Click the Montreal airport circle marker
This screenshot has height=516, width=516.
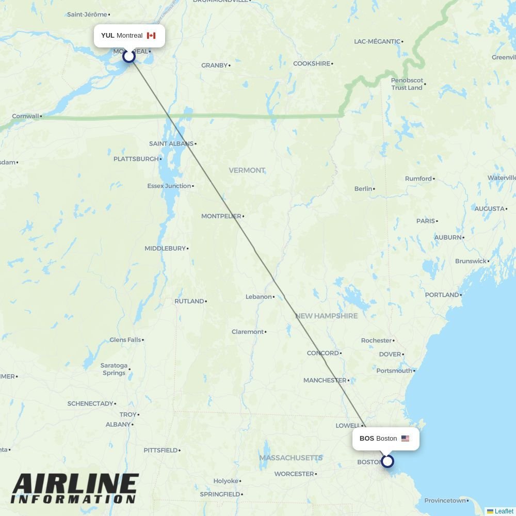pyautogui.click(x=129, y=56)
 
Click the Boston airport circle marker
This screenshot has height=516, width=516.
pyautogui.click(x=387, y=461)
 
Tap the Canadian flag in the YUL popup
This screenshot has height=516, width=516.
pyautogui.click(x=151, y=36)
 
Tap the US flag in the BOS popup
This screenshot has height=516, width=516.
pyautogui.click(x=405, y=439)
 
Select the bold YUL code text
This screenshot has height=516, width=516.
pyautogui.click(x=107, y=36)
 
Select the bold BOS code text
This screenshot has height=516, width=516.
pyautogui.click(x=366, y=439)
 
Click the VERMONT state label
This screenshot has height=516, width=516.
pyautogui.click(x=247, y=170)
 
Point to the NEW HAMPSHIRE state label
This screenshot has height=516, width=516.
pyautogui.click(x=326, y=316)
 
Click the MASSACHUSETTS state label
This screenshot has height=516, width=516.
pyautogui.click(x=291, y=458)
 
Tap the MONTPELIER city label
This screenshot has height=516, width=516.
pyautogui.click(x=221, y=216)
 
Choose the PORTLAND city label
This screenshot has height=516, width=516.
pyautogui.click(x=442, y=295)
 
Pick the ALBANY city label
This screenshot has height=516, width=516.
pyautogui.click(x=118, y=424)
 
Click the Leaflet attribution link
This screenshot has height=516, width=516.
pyautogui.click(x=503, y=511)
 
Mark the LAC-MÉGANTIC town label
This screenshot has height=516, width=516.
pyautogui.click(x=377, y=41)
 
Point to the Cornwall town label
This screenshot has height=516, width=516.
pyautogui.click(x=25, y=116)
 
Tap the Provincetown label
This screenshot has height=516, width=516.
pyautogui.click(x=445, y=501)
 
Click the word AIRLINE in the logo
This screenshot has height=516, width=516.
pyautogui.click(x=75, y=485)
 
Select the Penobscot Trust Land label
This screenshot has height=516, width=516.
pyautogui.click(x=407, y=84)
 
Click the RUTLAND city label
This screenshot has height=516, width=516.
pyautogui.click(x=189, y=301)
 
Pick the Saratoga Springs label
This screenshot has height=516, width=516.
pyautogui.click(x=114, y=369)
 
